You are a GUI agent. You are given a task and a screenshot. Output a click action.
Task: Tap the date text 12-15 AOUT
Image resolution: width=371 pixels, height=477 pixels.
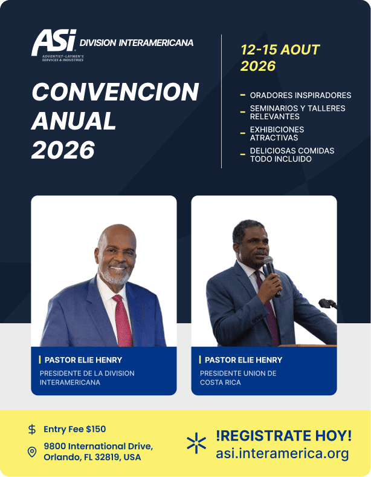[x=280, y=50]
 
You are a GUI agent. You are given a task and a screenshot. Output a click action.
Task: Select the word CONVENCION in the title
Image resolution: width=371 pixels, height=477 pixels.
[x=115, y=91]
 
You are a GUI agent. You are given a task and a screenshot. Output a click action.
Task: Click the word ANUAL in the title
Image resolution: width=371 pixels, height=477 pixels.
[x=74, y=121]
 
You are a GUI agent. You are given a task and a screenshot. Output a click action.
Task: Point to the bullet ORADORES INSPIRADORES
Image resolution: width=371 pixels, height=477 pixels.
[x=300, y=95]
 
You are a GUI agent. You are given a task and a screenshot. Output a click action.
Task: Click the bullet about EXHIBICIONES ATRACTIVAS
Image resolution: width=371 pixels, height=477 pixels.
[x=277, y=134]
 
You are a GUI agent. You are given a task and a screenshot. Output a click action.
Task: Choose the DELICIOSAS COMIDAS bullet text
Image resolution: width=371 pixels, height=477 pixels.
[x=292, y=155]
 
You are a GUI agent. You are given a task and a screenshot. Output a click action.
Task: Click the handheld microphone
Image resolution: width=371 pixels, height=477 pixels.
[x=272, y=275]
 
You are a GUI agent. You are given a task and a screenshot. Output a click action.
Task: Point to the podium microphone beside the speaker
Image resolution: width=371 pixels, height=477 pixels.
[x=327, y=304]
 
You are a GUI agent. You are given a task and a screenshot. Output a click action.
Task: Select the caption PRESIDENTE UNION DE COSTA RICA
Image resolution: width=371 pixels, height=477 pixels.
[x=238, y=378]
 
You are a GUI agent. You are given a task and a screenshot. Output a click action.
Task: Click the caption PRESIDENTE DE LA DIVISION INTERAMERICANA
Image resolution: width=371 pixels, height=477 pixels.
[x=87, y=378]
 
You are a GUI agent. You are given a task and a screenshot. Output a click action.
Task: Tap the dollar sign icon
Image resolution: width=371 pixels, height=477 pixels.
[x=32, y=429]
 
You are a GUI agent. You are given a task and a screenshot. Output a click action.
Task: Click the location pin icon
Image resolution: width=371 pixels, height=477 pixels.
[x=32, y=452]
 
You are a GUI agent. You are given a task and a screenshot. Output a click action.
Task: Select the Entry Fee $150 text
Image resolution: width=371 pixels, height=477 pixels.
[x=75, y=429]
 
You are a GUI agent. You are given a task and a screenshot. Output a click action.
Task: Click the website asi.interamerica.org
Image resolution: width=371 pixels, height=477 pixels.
[x=282, y=453]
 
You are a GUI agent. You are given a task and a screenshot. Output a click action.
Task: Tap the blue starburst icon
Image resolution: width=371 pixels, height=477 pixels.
[x=196, y=443]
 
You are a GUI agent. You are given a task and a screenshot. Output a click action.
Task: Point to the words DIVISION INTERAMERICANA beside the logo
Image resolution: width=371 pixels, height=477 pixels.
[x=137, y=43]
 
